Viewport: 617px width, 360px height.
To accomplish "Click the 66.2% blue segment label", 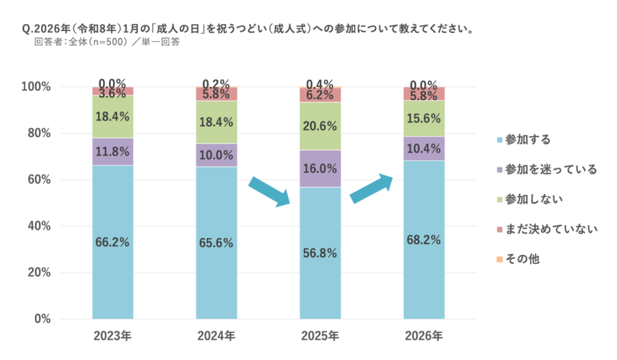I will [112, 241].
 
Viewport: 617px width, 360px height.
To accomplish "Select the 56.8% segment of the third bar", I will [319, 252].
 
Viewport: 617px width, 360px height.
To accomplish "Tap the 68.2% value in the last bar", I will [424, 241].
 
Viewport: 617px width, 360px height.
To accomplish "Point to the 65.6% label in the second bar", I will [216, 243].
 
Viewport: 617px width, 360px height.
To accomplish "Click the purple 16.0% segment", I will [319, 169].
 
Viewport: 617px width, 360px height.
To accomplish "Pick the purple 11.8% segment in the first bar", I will [112, 152].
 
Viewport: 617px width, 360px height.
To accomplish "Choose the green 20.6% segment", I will [319, 126].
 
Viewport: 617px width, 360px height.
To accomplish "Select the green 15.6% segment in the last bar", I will [424, 119].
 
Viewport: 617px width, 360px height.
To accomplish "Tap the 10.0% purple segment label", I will [216, 155].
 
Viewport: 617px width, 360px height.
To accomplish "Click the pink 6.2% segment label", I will [319, 96].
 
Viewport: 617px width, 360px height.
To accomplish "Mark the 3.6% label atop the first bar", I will [112, 93].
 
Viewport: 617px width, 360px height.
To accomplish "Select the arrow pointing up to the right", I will [372, 189].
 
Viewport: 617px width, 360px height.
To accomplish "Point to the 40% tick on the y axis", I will [39, 226].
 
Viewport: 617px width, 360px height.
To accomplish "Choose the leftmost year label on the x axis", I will [112, 336].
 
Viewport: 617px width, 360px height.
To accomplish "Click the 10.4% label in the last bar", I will [424, 148].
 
